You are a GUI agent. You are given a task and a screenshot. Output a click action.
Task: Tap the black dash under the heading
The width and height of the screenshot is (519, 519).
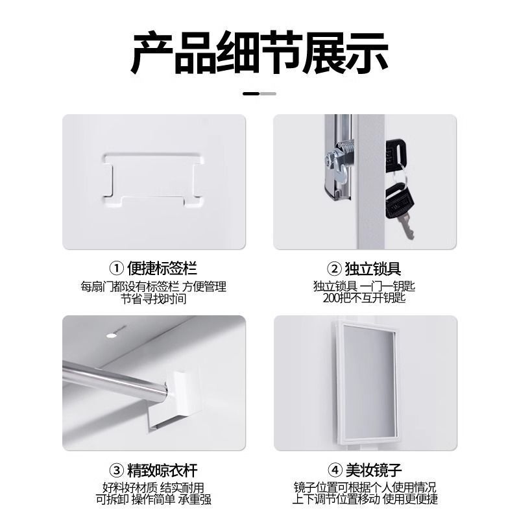(x=252, y=93)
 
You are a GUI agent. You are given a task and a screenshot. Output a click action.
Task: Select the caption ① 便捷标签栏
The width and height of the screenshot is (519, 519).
(x=154, y=268)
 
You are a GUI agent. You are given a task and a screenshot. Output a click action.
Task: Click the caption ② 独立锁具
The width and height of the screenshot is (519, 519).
(x=365, y=268)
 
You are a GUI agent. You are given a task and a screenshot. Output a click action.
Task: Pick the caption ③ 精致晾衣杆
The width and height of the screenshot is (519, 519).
(x=154, y=469)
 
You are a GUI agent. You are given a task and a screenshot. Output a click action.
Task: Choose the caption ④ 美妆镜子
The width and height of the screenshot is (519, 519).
(x=365, y=469)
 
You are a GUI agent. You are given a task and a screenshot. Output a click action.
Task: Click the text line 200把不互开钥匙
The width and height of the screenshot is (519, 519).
(x=365, y=298)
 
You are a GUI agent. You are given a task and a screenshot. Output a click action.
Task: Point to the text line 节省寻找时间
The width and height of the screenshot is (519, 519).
(x=154, y=299)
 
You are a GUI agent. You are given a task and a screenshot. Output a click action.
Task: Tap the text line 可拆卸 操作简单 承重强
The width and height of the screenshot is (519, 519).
(x=154, y=500)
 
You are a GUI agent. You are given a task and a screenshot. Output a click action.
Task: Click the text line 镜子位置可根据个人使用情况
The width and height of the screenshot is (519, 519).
(x=365, y=487)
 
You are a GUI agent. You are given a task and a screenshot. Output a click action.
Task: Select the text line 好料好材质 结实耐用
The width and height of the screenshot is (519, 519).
(x=154, y=487)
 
